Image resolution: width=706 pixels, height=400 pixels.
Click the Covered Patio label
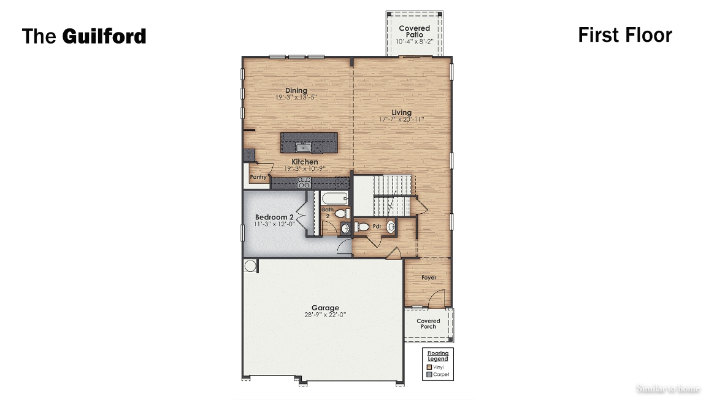coord(414,31)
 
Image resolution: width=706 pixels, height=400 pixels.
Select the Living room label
coord(402,112)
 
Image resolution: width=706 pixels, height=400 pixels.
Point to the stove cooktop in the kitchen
coord(304,182)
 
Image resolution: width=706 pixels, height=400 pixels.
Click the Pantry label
coord(258,177)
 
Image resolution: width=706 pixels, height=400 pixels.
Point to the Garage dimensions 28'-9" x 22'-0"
coord(325,315)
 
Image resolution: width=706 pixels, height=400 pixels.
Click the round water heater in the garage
coord(250,265)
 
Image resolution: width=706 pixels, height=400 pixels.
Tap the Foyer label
coord(429,278)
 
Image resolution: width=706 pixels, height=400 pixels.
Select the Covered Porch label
coord(428,324)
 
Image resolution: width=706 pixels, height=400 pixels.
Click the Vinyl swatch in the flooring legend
coord(429,367)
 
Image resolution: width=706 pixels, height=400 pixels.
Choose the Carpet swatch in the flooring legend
coord(429,374)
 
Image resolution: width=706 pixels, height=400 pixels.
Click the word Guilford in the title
coord(104,36)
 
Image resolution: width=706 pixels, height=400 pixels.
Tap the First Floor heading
coord(624,35)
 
